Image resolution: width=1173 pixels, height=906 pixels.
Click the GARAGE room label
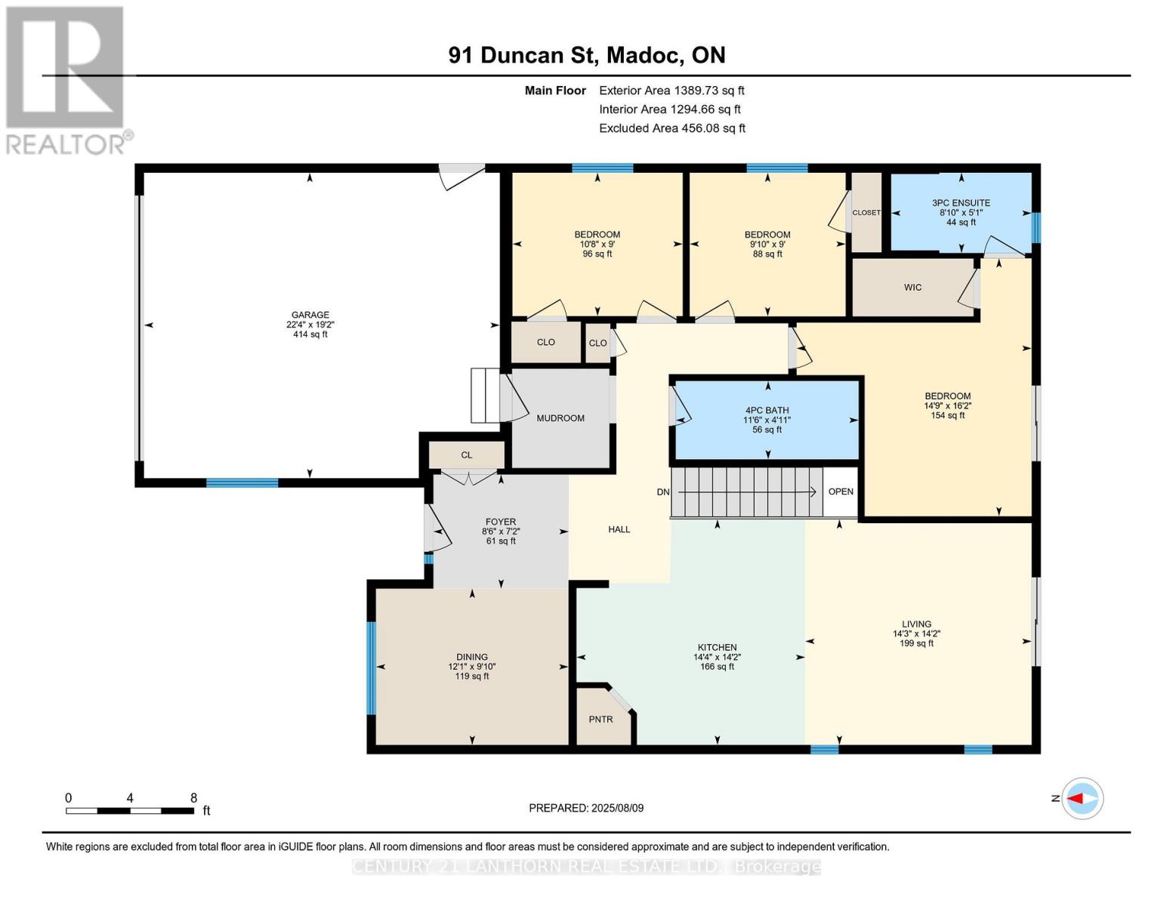[310, 315]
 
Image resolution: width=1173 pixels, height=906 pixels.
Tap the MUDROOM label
[560, 418]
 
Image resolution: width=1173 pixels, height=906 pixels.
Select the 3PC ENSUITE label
[961, 203]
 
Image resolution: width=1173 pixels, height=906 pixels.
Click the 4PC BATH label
[767, 411]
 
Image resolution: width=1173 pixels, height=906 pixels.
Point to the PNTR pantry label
[600, 720]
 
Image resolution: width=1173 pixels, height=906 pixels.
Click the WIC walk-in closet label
[912, 288]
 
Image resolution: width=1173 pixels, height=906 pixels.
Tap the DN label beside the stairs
[662, 492]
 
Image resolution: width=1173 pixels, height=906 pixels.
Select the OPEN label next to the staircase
[840, 492]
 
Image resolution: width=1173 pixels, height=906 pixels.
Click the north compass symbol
[1082, 798]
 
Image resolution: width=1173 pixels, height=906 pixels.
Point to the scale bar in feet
[129, 811]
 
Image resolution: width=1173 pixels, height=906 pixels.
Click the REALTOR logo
[66, 79]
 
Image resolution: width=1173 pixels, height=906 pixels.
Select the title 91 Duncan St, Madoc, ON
[586, 55]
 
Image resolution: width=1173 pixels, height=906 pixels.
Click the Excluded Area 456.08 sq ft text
[671, 128]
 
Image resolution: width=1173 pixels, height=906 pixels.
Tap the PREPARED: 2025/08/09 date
[586, 808]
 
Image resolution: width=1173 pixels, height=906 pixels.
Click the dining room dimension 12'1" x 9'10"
[471, 667]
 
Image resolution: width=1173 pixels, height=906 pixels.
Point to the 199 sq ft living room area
[916, 643]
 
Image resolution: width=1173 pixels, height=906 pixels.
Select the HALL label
[619, 530]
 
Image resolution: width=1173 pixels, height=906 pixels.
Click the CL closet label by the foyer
[466, 455]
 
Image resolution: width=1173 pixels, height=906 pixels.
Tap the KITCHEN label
[717, 648]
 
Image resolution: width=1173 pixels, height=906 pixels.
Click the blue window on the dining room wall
[371, 667]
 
